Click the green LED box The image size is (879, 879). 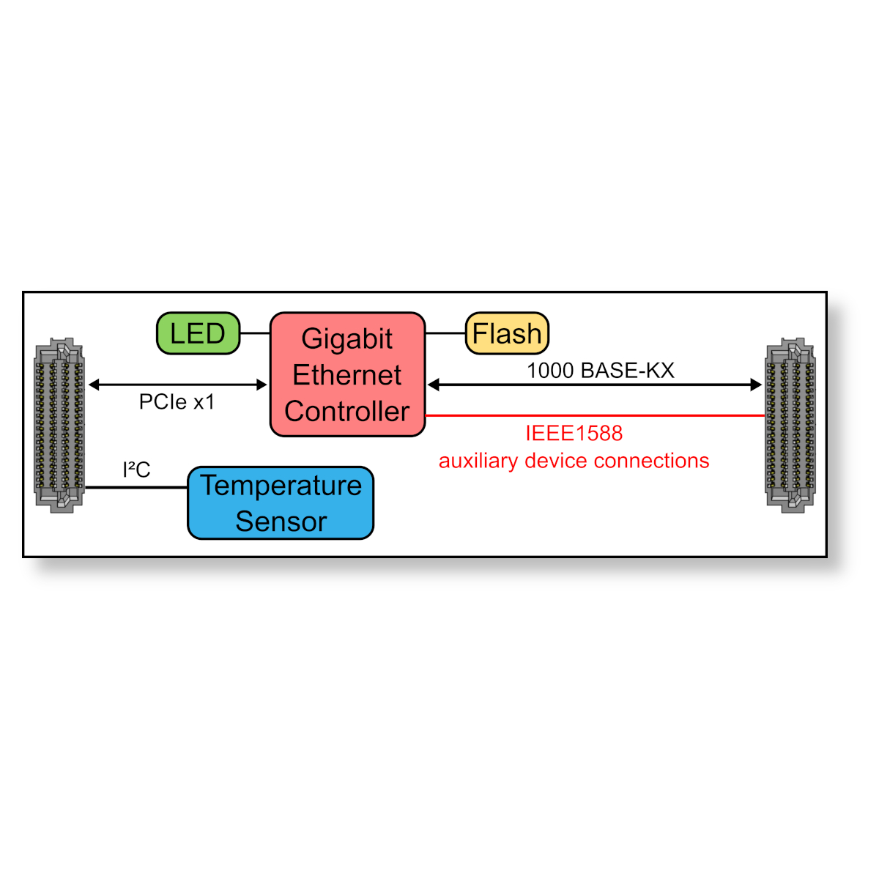pyautogui.click(x=198, y=333)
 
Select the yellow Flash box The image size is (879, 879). pyautogui.click(x=507, y=333)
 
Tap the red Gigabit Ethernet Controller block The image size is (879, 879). pyautogui.click(x=347, y=374)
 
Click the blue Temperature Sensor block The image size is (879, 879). pyautogui.click(x=281, y=503)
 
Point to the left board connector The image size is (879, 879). pyautogui.click(x=59, y=426)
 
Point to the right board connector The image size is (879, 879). pyautogui.click(x=790, y=426)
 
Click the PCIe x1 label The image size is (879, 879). pyautogui.click(x=177, y=402)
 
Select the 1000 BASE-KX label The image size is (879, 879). pyautogui.click(x=600, y=371)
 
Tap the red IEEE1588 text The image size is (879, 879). pyautogui.click(x=574, y=433)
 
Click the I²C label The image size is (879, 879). pyautogui.click(x=136, y=470)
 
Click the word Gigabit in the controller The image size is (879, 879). pyautogui.click(x=347, y=338)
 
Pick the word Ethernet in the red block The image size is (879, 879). pyautogui.click(x=347, y=375)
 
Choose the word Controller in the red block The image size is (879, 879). pyautogui.click(x=347, y=412)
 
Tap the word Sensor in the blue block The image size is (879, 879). pyautogui.click(x=281, y=522)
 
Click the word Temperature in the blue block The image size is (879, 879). pyautogui.click(x=281, y=486)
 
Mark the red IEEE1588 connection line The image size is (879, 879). pyautogui.click(x=593, y=415)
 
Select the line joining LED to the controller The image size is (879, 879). pyautogui.click(x=255, y=333)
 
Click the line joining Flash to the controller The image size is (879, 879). pyautogui.click(x=445, y=333)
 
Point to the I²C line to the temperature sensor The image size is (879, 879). pyautogui.click(x=136, y=487)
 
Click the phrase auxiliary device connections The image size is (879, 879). pyautogui.click(x=574, y=461)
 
